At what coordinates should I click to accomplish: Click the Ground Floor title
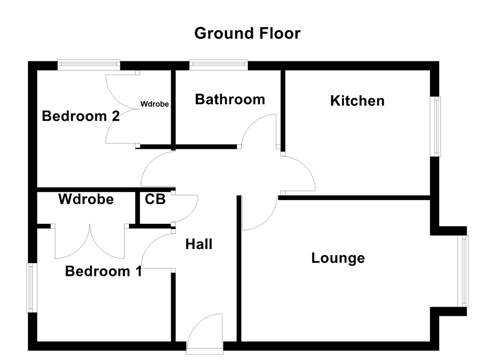point(247,33)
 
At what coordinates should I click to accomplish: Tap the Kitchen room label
point(357,101)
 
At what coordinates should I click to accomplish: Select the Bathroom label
point(230,99)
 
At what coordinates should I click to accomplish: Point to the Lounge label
point(338,258)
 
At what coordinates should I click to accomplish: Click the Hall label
point(199,244)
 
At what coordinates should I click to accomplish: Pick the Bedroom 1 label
point(104,271)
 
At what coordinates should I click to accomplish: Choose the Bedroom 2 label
point(81,116)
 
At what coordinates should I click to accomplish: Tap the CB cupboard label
point(155,199)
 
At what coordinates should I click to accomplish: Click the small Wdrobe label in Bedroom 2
point(154,104)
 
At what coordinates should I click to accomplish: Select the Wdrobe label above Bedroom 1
point(86,199)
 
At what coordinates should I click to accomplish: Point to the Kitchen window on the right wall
point(436,127)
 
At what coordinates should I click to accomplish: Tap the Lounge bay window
point(464,271)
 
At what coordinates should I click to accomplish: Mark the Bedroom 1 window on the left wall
point(31,287)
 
